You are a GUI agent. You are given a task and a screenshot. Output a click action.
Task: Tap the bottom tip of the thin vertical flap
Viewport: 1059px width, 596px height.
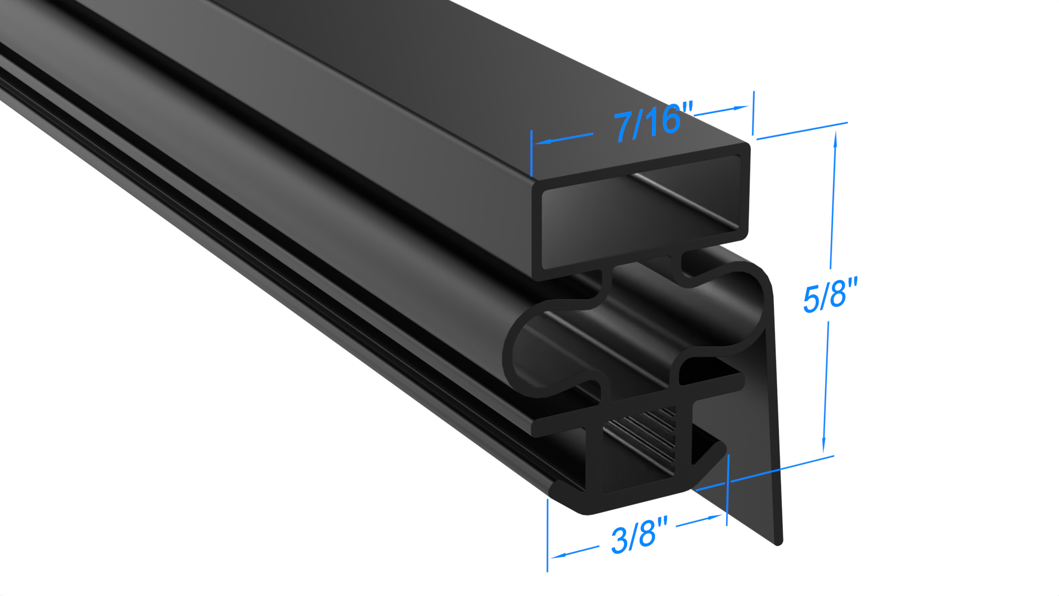point(778,542)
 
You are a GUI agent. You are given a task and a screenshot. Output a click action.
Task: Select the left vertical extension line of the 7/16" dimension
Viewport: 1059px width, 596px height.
point(531,155)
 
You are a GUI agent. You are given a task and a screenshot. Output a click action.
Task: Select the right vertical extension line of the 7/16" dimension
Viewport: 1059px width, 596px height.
point(753,113)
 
